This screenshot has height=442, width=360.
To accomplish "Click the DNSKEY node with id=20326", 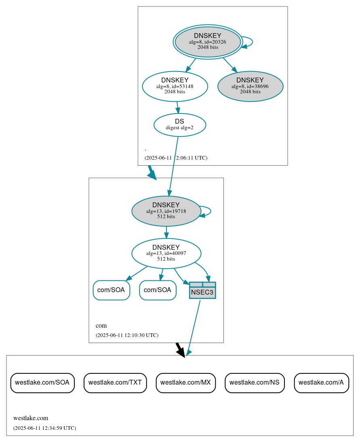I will coord(208,42).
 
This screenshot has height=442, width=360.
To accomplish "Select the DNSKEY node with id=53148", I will coord(175,86).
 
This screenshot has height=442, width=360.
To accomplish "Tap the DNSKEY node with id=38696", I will coord(250,86).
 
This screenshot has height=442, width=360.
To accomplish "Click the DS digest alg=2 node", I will coord(180,125).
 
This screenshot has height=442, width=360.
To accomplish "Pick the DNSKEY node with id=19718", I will coord(166,211).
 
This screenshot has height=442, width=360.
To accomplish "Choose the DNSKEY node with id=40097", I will coord(166,253).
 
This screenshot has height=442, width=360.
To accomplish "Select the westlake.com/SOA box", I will coord(42,383).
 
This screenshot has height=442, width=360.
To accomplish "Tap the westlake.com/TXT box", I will coord(115,383).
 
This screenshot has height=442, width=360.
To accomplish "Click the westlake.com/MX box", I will coord(185,383).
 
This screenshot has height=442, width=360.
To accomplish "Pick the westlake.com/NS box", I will coord(255,383).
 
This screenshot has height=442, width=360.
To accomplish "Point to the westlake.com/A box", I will coord(321,383).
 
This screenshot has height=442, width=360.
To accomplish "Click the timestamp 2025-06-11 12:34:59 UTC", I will coord(44,428).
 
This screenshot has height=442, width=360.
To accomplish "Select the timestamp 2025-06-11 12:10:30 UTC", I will coord(127,335).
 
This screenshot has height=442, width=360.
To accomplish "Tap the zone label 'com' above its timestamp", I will coord(101,326).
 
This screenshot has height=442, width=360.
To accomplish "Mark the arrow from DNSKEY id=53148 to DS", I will coord(177,107).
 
